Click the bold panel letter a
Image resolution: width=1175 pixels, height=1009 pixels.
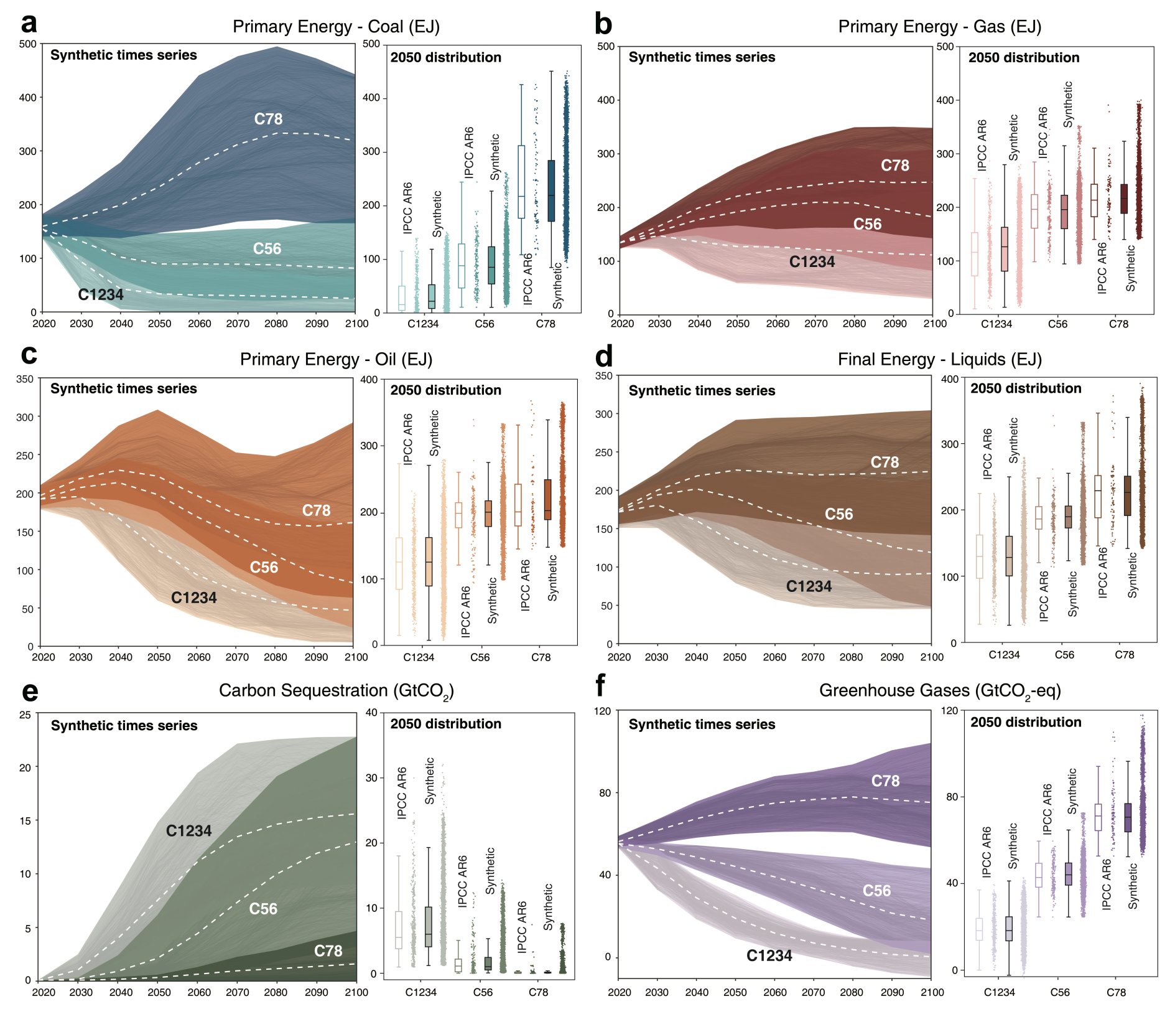(29, 24)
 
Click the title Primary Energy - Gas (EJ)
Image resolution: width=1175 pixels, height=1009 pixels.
(939, 27)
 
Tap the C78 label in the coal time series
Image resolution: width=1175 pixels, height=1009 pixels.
(268, 119)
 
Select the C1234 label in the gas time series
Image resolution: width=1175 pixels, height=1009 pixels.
(812, 262)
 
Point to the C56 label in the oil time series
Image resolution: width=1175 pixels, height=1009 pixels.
(264, 567)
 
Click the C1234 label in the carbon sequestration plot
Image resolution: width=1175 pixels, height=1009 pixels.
(188, 830)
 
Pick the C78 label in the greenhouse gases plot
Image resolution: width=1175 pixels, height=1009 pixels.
(885, 781)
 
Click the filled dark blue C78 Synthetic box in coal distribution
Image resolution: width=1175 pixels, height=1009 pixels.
(551, 190)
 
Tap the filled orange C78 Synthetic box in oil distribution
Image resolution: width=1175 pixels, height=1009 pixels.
(547, 499)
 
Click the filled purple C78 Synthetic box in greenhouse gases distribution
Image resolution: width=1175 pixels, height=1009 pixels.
(1128, 817)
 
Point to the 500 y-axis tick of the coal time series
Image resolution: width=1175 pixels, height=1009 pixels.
(27, 44)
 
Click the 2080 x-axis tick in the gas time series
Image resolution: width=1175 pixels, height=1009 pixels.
(854, 324)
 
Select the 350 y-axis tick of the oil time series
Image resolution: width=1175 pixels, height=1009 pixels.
(25, 378)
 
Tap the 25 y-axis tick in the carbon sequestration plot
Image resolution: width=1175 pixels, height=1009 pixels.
(25, 715)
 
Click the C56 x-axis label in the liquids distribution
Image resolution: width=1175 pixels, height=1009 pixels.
(1064, 655)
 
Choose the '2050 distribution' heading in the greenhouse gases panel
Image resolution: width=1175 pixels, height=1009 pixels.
(1026, 722)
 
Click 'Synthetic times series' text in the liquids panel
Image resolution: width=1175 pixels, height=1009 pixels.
(702, 390)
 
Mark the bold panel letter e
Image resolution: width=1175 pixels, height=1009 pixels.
(29, 691)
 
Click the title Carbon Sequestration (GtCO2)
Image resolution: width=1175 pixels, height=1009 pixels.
(336, 691)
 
